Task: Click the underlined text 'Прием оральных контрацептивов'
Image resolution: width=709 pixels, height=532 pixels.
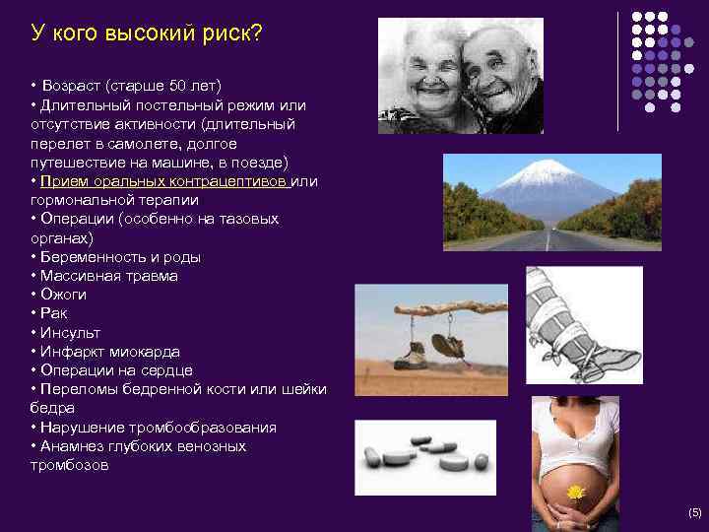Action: coord(166,181)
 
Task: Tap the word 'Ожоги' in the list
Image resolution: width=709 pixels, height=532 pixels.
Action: coord(63,295)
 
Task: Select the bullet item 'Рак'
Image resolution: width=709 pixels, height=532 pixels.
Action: coord(54,313)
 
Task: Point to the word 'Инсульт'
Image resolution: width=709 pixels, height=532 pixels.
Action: coord(70,333)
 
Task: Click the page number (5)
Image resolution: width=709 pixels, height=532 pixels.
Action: coord(694,512)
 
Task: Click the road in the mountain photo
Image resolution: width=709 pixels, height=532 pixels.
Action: coord(551,239)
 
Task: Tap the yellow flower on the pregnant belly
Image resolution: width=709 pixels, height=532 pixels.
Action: coord(575,491)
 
